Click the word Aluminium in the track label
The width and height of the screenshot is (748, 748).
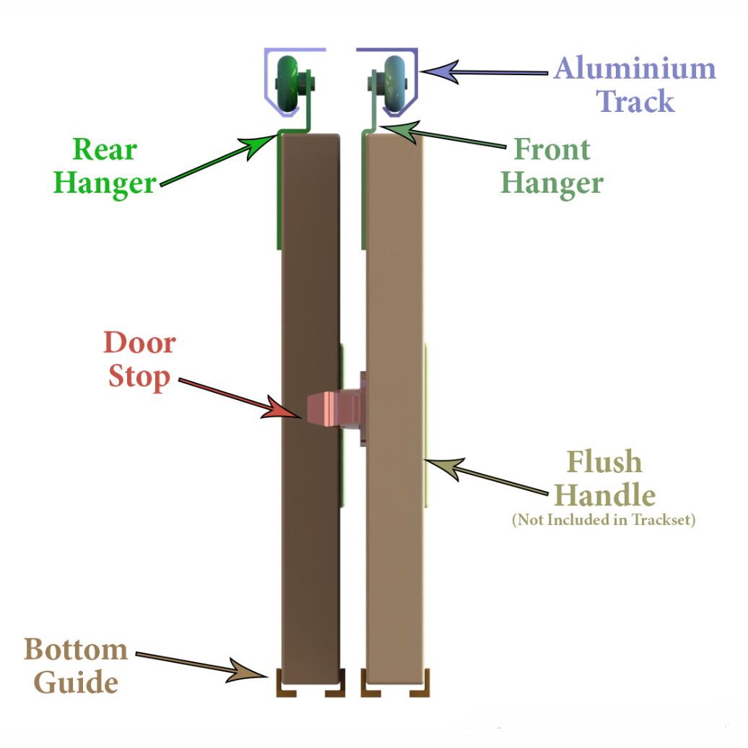[635, 68]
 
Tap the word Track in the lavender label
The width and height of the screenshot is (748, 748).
[635, 101]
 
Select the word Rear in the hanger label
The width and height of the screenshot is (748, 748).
[105, 149]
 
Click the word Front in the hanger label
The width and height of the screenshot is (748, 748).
[552, 149]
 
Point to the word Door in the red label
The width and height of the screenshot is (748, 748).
[140, 342]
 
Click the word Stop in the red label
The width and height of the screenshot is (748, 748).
[139, 377]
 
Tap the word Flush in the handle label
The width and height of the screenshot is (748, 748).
[604, 461]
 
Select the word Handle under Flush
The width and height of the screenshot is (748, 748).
[604, 495]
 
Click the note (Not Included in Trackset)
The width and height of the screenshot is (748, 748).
[604, 520]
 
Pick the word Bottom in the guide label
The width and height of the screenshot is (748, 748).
[76, 649]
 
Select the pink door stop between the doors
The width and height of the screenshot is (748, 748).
[334, 409]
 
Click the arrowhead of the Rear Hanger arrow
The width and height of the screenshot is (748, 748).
[261, 145]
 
